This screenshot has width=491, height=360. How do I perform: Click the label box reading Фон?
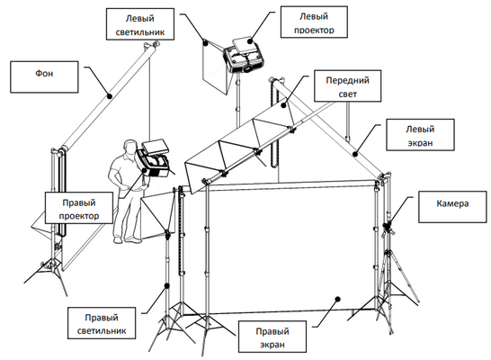44,77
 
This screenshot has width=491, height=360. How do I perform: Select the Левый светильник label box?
140,24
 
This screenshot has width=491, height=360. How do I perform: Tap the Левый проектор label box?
314,22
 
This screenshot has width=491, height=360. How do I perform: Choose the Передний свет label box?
348,85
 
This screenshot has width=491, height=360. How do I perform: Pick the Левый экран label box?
420,135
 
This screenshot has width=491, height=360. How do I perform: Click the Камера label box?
453,207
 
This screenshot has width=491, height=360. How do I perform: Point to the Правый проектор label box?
79,208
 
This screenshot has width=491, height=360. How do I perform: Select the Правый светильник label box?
102,323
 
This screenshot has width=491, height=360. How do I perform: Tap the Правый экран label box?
272,337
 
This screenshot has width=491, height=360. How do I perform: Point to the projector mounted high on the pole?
244,56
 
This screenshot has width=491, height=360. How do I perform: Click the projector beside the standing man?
154,159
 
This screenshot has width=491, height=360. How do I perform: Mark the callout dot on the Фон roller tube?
110,96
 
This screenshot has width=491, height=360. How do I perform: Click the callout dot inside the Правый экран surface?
337,299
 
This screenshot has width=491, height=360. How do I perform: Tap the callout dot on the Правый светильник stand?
167,285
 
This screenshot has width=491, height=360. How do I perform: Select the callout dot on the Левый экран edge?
355,154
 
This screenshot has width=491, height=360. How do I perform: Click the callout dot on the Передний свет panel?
283,105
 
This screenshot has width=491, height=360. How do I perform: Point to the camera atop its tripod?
388,228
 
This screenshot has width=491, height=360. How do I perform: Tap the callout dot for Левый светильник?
205,43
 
